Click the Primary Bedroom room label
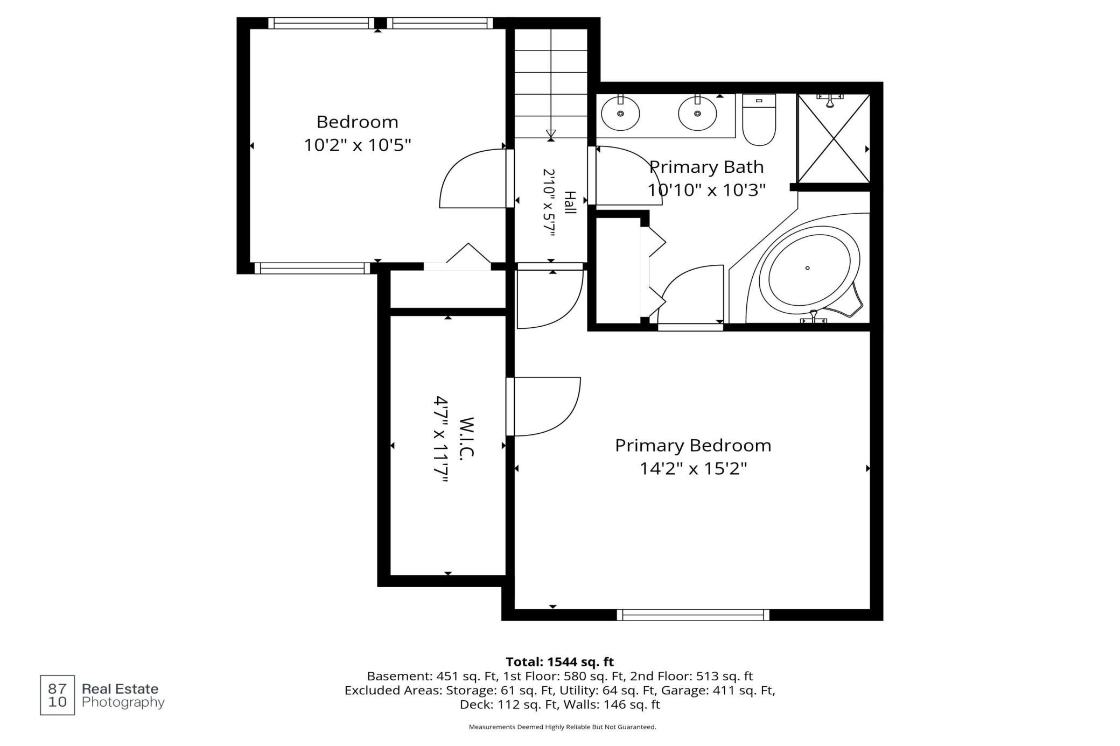pyautogui.click(x=693, y=446)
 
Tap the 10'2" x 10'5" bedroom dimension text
pyautogui.click(x=358, y=145)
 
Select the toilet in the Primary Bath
pyautogui.click(x=759, y=119)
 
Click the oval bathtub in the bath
pyautogui.click(x=807, y=268)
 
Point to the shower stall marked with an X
pyautogui.click(x=834, y=138)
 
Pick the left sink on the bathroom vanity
pyautogui.click(x=620, y=113)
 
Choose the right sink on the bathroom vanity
pyautogui.click(x=697, y=113)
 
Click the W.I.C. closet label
pyautogui.click(x=466, y=437)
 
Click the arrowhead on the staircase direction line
pyautogui.click(x=551, y=133)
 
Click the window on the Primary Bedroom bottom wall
pyautogui.click(x=693, y=615)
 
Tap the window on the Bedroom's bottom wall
pyautogui.click(x=312, y=268)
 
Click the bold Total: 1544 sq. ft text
pyautogui.click(x=560, y=661)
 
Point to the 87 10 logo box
pyautogui.click(x=58, y=695)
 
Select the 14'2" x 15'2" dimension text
pyautogui.click(x=693, y=469)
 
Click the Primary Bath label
pyautogui.click(x=706, y=167)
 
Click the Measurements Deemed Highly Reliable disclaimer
pyautogui.click(x=562, y=727)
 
